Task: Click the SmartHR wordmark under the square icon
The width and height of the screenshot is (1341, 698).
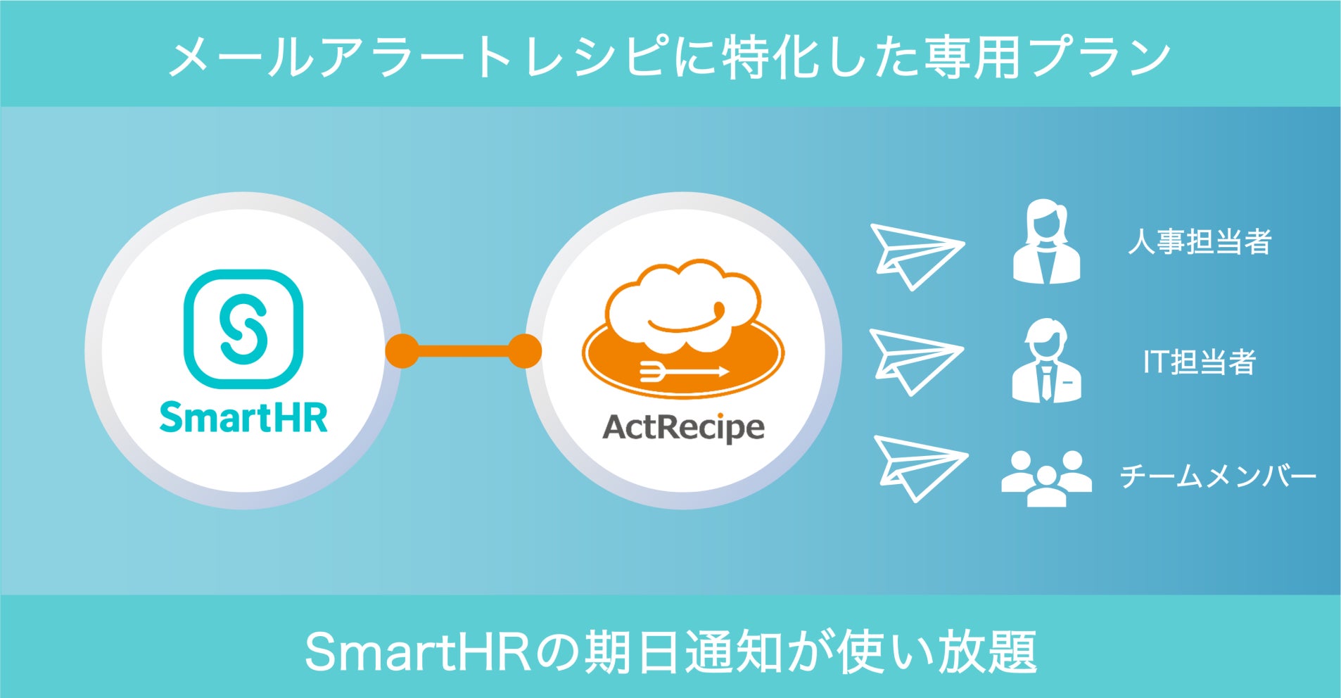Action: [x=243, y=418]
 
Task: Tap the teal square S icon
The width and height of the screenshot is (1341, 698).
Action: [x=243, y=329]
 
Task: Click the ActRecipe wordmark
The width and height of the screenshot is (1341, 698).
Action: [x=683, y=426]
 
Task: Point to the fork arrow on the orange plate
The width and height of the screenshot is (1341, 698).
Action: [x=682, y=372]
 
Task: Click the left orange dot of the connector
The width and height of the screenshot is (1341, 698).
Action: [x=402, y=351]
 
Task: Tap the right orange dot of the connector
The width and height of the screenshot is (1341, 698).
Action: [x=524, y=351]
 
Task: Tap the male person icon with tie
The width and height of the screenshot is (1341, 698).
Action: [x=1046, y=361]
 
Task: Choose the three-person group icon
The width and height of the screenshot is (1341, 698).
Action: [x=1046, y=477]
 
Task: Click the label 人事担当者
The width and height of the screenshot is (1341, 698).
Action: [x=1200, y=241]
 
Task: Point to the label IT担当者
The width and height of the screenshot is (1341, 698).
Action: [x=1200, y=362]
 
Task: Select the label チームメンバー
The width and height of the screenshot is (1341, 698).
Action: [x=1217, y=476]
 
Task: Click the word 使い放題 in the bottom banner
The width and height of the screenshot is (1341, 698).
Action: [x=936, y=652]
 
